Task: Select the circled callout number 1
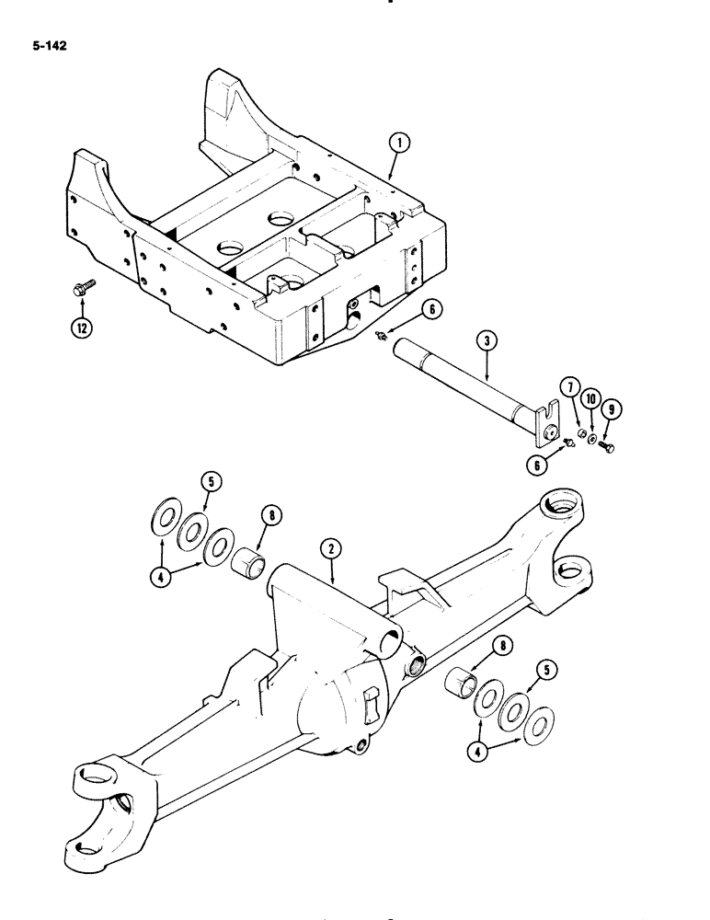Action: [397, 143]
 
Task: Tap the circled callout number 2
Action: [332, 550]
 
